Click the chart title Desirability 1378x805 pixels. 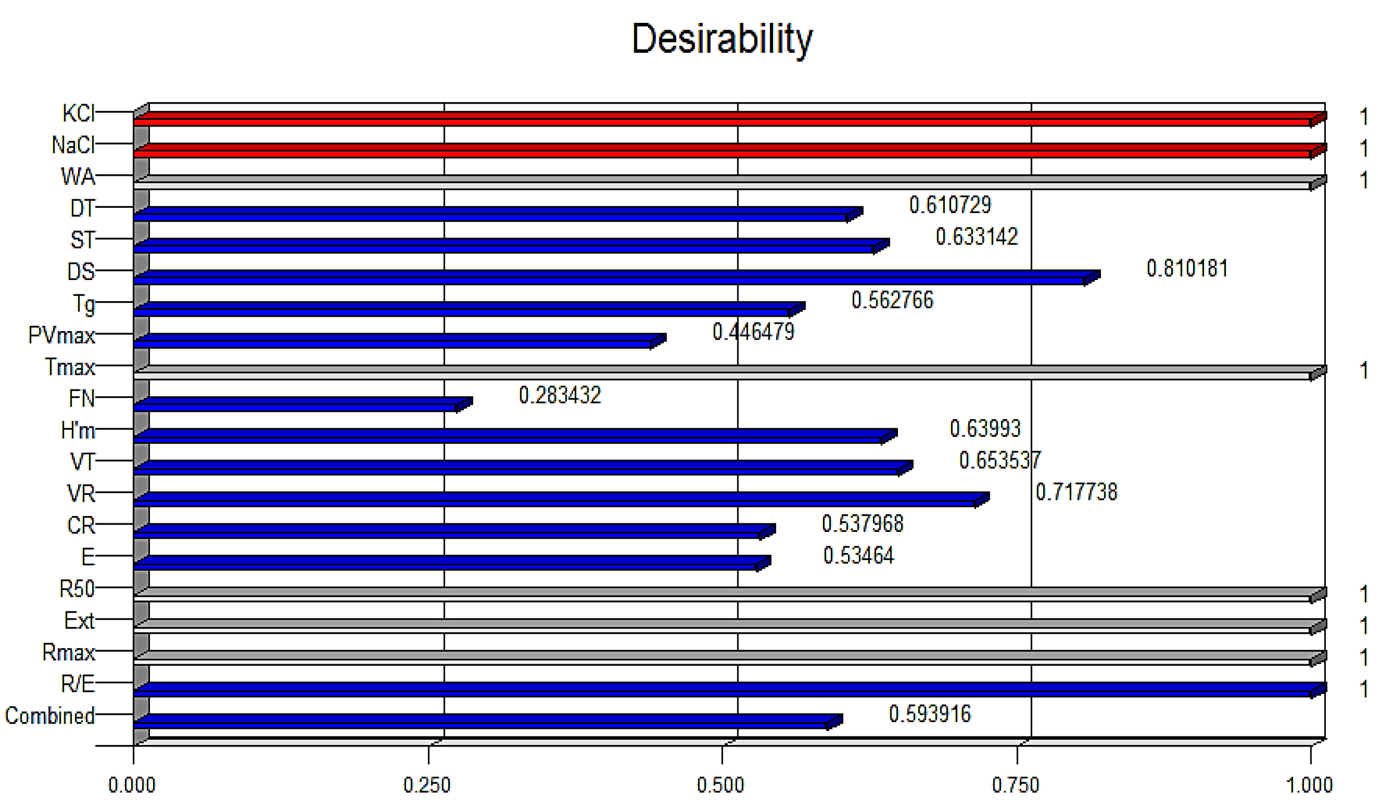tap(722, 39)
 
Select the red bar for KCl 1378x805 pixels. tap(722, 119)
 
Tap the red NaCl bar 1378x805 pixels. tap(722, 151)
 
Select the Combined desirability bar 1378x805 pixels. tap(481, 722)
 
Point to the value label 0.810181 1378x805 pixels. tap(1187, 269)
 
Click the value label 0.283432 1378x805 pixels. tap(559, 396)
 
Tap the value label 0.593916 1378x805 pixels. tap(930, 714)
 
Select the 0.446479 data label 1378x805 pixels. tap(753, 332)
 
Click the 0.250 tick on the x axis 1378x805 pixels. tap(426, 785)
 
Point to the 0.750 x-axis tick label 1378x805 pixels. tap(1015, 785)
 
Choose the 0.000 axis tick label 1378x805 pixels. tap(132, 785)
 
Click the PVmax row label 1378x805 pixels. tap(61, 335)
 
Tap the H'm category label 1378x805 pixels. tap(78, 430)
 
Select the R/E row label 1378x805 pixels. tap(78, 684)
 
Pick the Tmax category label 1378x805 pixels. tap(70, 367)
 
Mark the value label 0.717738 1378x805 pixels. tap(1076, 493)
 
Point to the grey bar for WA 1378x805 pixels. tap(722, 183)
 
